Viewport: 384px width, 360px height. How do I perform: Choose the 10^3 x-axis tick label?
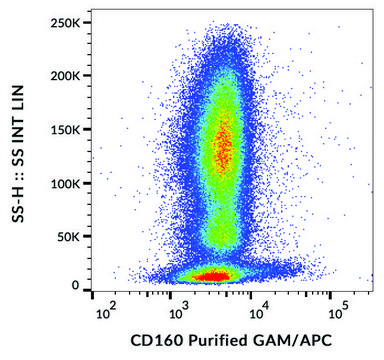pos(179,312)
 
